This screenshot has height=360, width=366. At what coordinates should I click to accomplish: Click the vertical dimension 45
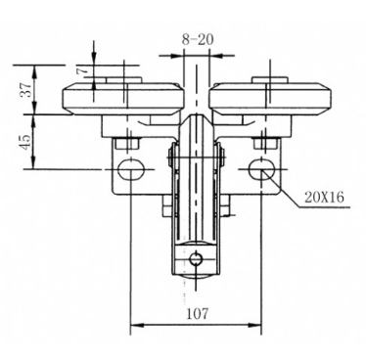click(x=21, y=141)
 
